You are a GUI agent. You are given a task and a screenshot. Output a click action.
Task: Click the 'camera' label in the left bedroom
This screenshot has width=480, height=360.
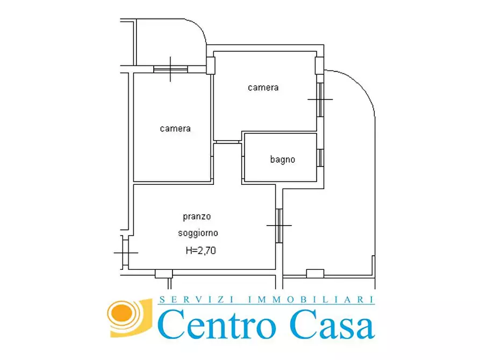[175, 129]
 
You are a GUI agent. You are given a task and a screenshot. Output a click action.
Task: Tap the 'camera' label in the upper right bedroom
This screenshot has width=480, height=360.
[263, 87]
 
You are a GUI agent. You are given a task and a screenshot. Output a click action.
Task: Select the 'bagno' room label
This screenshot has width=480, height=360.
[282, 160]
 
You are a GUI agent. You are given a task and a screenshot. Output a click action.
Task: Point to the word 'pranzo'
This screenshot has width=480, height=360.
[197, 217]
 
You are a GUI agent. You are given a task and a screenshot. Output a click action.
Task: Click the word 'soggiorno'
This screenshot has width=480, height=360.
[198, 233]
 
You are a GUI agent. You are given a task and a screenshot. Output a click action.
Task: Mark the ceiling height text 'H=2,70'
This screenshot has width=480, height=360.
[200, 250]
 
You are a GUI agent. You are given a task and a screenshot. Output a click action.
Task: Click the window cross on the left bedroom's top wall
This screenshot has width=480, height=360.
[170, 69]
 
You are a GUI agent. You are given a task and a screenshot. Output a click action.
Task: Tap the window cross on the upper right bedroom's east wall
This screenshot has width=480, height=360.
[320, 99]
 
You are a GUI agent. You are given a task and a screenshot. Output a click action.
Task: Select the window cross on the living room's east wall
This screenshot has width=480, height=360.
[279, 225]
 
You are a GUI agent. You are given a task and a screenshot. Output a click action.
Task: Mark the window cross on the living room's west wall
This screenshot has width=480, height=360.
[125, 252]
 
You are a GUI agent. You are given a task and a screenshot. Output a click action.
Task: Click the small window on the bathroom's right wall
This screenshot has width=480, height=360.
[320, 158]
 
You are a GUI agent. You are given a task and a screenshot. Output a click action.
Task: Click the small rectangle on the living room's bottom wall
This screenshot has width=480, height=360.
[163, 274]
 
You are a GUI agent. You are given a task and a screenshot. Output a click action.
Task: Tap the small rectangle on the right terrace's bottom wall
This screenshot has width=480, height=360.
[314, 273]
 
